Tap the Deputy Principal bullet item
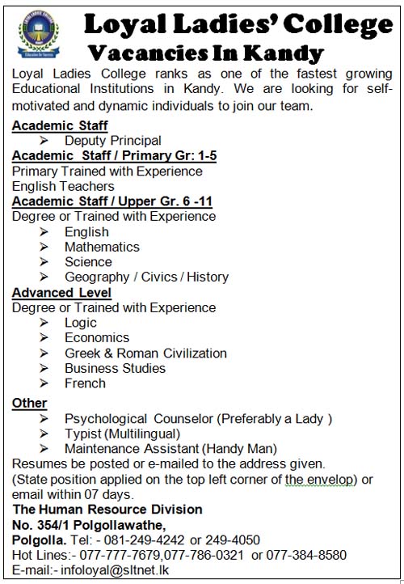click(x=112, y=141)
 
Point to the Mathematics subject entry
click(x=102, y=247)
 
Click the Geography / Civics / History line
click(x=146, y=277)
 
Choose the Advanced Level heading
click(x=61, y=292)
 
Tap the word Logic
click(x=81, y=323)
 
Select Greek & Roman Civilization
click(x=145, y=353)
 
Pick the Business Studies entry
click(x=115, y=368)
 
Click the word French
click(x=85, y=383)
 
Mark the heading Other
click(x=29, y=403)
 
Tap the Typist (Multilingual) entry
click(x=124, y=434)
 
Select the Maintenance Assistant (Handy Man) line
click(x=170, y=449)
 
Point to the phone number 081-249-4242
click(x=140, y=540)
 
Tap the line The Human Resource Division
click(x=107, y=510)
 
